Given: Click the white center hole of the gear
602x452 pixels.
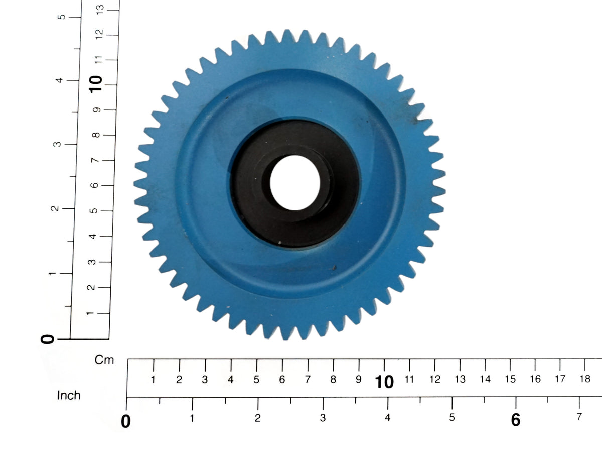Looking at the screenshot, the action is click(295, 182).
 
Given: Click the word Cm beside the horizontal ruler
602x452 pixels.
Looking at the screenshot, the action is click(104, 360).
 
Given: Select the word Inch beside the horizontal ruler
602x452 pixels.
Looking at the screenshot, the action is click(69, 395).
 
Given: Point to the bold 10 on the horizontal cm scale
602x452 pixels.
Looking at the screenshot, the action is click(384, 382).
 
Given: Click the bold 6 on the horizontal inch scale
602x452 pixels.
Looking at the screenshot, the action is click(516, 420).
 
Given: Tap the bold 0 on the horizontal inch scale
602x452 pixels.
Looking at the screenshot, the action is click(125, 422).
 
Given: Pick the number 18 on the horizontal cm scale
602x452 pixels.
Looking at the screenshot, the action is click(585, 379).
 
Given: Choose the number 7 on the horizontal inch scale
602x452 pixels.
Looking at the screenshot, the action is click(579, 417).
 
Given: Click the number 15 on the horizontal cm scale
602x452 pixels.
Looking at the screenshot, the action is click(510, 379).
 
